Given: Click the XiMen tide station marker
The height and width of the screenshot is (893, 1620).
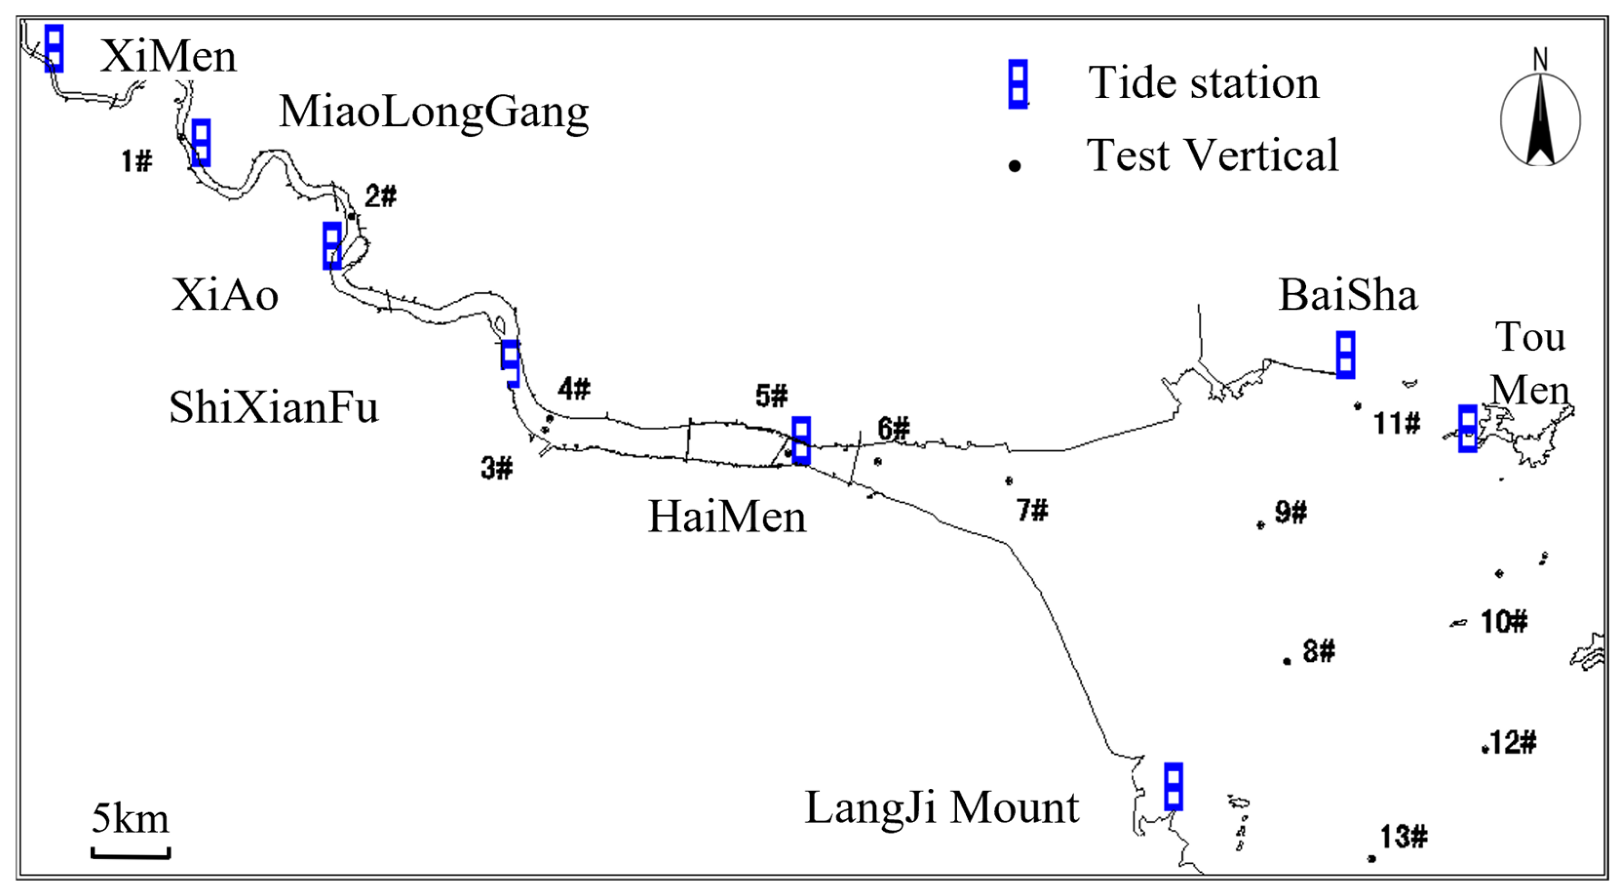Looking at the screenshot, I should click(x=54, y=48).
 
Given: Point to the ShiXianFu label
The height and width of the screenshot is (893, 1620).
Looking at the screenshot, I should click(x=274, y=408).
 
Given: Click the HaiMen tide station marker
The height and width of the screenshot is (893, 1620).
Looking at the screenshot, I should click(x=801, y=440).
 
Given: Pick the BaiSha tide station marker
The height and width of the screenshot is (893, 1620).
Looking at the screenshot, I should click(x=1345, y=355).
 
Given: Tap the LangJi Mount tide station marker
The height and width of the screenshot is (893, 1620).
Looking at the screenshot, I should click(x=1173, y=786).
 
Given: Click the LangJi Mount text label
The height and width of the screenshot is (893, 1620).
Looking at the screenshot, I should click(x=942, y=808).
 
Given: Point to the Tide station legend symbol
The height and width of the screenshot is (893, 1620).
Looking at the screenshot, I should click(x=1018, y=84).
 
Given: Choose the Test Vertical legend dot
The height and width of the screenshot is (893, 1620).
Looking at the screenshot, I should click(x=1015, y=166).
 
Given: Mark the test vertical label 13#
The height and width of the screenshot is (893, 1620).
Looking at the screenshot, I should click(x=1404, y=837).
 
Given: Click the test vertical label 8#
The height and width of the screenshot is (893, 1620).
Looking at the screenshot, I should click(x=1319, y=651).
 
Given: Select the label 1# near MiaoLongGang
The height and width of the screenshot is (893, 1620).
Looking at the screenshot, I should click(x=137, y=162).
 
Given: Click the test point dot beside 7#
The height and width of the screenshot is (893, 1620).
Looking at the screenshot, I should click(x=1009, y=481).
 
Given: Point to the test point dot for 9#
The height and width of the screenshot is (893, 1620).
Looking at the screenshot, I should click(x=1260, y=525).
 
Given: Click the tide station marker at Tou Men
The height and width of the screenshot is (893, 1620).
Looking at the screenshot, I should click(x=1468, y=428).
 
